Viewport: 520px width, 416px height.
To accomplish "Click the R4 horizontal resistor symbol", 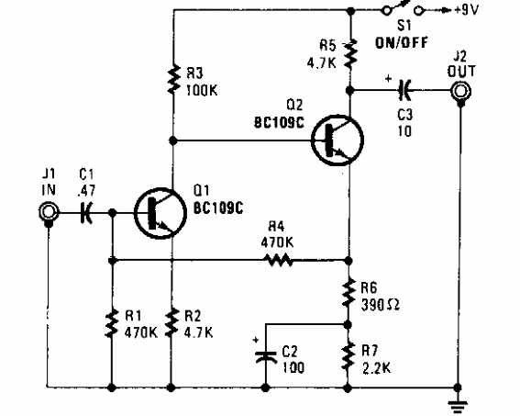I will click(279, 260).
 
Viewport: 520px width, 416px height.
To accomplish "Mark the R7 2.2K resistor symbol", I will click(349, 354).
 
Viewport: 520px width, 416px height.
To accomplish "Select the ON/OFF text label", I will click(400, 41).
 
